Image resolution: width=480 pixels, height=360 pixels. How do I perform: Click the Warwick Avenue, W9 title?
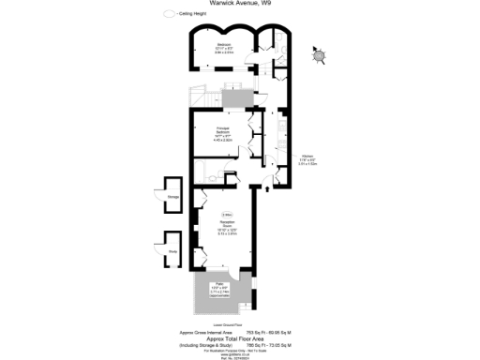pos(240,4)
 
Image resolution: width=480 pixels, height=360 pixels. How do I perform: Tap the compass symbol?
pos(319,56)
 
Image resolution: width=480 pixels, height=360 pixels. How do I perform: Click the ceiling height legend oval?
pos(169,15)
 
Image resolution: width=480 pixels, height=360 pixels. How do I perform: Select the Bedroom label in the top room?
pos(224,45)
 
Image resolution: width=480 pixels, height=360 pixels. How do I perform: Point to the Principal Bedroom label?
pos(222,130)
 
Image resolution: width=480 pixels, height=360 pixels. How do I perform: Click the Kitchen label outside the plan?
pos(307,156)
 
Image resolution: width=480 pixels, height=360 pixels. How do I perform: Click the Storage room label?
pos(173,198)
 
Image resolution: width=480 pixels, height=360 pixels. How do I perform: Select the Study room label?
pos(172,251)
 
